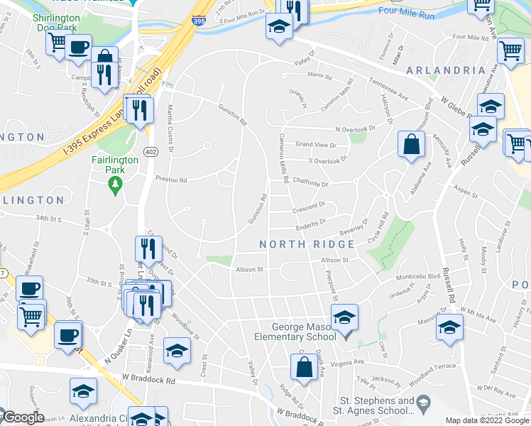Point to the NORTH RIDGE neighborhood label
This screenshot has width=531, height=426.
click(x=307, y=244)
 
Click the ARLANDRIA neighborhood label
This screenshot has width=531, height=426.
click(x=445, y=70)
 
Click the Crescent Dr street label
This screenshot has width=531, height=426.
click(x=308, y=205)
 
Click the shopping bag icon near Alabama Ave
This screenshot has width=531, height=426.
click(x=412, y=145)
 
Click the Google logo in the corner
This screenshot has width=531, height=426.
click(x=23, y=418)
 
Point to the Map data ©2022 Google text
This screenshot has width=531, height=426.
click(x=486, y=420)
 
